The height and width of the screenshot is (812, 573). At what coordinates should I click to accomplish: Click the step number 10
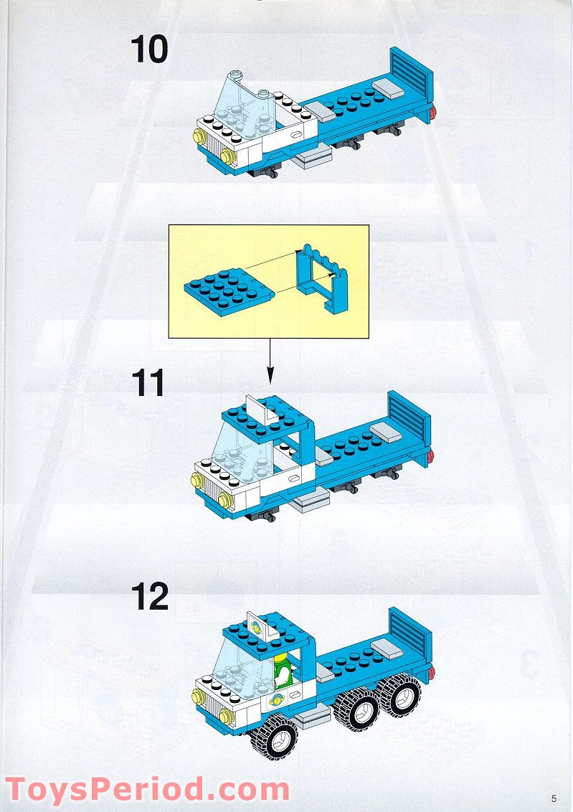(149, 49)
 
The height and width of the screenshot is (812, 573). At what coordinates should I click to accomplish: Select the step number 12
(149, 597)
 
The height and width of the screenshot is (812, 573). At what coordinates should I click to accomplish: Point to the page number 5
(554, 797)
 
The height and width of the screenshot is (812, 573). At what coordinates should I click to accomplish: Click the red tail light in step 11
(430, 458)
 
